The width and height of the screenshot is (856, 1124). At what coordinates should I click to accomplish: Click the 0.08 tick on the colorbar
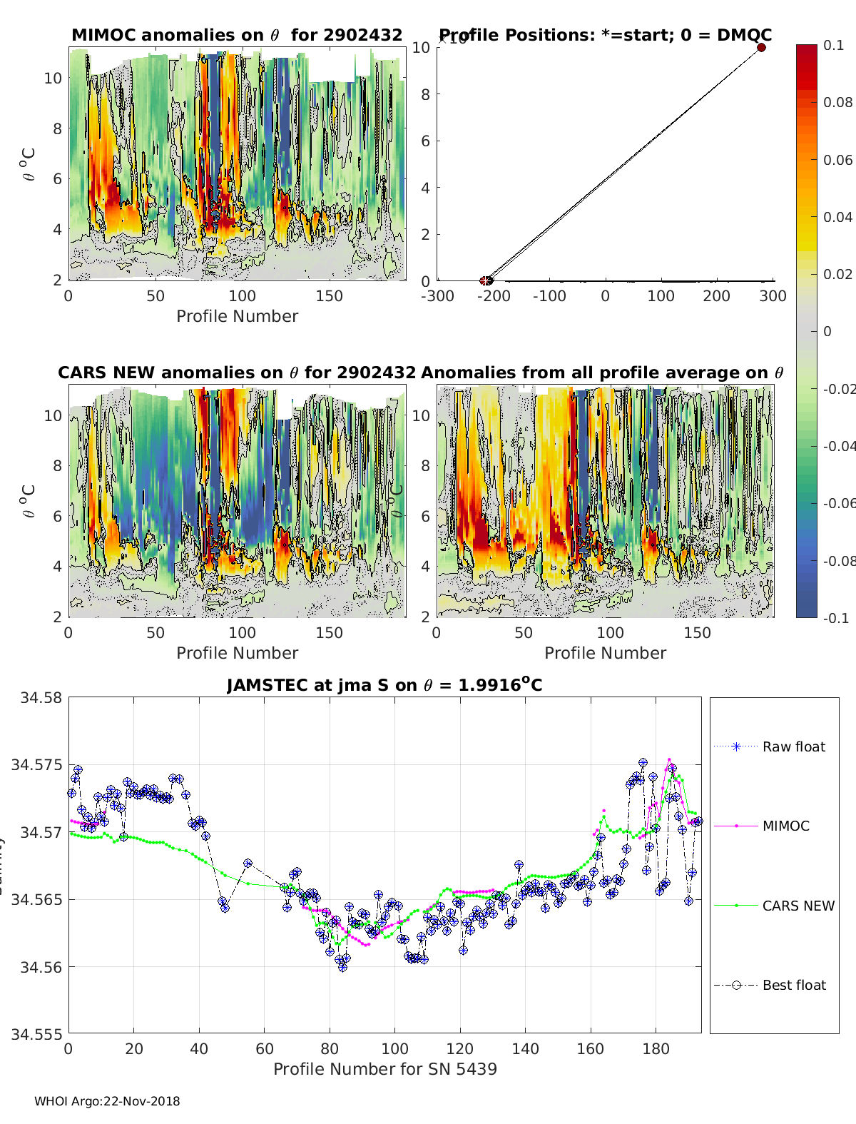coord(837,102)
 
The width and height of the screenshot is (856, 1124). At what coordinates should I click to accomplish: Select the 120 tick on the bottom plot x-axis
coord(460,1048)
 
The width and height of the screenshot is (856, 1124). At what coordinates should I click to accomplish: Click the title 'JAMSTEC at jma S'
coord(384,686)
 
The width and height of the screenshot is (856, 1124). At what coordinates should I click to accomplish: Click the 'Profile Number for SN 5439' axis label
coord(384,1069)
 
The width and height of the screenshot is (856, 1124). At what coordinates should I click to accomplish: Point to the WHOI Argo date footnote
coord(107,1101)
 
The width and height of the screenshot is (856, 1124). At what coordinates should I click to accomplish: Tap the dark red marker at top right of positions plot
coord(761,48)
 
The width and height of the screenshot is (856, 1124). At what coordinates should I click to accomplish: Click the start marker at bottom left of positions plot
coord(486,280)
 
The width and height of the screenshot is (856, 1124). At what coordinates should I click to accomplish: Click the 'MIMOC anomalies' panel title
coord(237,35)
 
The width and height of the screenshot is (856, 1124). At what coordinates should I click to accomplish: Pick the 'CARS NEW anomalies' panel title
coord(237,373)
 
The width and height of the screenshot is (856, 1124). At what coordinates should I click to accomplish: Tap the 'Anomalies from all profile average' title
coord(602,373)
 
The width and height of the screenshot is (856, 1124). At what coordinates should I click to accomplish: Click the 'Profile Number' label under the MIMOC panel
coord(237,316)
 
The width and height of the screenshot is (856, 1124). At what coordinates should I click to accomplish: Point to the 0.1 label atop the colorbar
coord(832,45)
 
